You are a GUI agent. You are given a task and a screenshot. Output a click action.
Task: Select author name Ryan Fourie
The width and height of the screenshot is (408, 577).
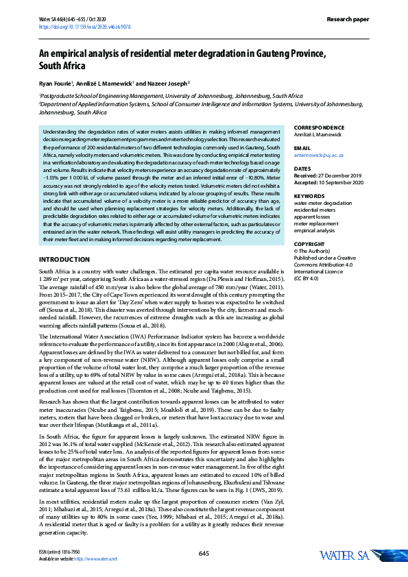pos(56,84)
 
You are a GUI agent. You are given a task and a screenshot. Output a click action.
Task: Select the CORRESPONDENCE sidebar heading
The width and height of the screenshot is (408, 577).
pos(324,128)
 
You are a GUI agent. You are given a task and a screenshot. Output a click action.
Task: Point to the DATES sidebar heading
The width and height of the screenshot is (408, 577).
pos(302,168)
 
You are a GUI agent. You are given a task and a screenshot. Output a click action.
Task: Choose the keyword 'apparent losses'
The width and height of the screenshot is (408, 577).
pos(313,217)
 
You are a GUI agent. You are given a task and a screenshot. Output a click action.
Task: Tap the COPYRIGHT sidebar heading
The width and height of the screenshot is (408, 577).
pos(311,244)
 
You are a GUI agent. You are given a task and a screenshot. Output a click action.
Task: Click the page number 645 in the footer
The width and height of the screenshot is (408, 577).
pos(204,552)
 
